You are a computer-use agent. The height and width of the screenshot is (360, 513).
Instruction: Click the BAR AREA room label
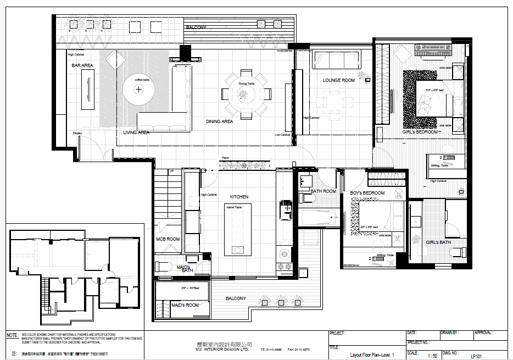(x=82, y=65)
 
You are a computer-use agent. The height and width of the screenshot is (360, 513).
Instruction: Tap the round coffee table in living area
(x=139, y=88)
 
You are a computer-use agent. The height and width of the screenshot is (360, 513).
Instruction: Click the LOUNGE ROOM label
(x=339, y=80)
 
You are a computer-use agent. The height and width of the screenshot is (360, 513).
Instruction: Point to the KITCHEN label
(x=239, y=196)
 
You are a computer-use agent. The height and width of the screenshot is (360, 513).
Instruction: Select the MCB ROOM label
(x=168, y=239)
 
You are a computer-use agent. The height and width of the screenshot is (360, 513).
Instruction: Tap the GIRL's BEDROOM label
(x=420, y=132)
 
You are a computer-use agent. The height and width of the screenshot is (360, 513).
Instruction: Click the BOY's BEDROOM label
(x=367, y=193)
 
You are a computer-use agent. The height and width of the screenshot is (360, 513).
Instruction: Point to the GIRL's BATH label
(x=438, y=242)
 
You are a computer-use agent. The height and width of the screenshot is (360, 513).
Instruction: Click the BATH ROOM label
(x=323, y=191)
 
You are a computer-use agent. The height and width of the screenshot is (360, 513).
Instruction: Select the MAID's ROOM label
(x=185, y=305)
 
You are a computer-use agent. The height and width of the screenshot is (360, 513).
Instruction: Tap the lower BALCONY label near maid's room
(x=236, y=298)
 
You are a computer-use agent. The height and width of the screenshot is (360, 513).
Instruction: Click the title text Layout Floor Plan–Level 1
(x=372, y=355)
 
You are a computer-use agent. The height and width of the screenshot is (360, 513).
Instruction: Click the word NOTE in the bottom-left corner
(x=12, y=335)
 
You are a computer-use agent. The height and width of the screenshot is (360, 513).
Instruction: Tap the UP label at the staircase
(x=171, y=171)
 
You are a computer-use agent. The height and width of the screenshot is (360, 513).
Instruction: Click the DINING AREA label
(x=219, y=121)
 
